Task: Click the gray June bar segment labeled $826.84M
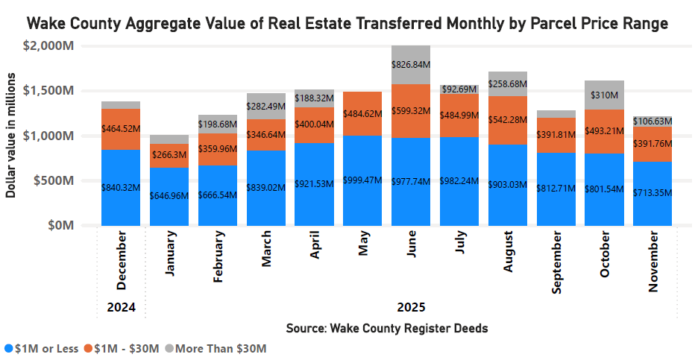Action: [x=411, y=65]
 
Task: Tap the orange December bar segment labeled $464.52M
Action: [x=121, y=129]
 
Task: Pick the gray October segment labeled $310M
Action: [x=604, y=95]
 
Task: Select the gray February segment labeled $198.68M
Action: [x=218, y=124]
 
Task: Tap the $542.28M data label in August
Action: [x=508, y=119]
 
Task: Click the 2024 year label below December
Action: [x=121, y=306]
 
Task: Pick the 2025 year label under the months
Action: [x=411, y=306]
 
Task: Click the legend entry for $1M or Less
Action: [x=41, y=348]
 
